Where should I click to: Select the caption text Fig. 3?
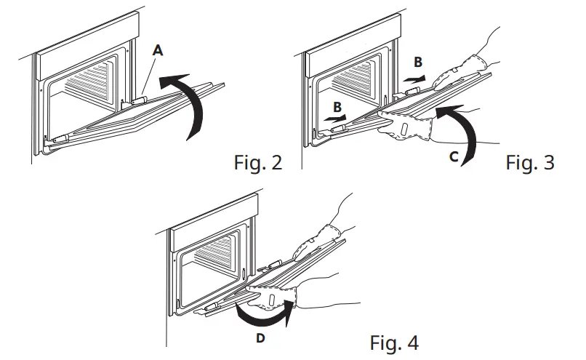(x=529, y=162)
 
